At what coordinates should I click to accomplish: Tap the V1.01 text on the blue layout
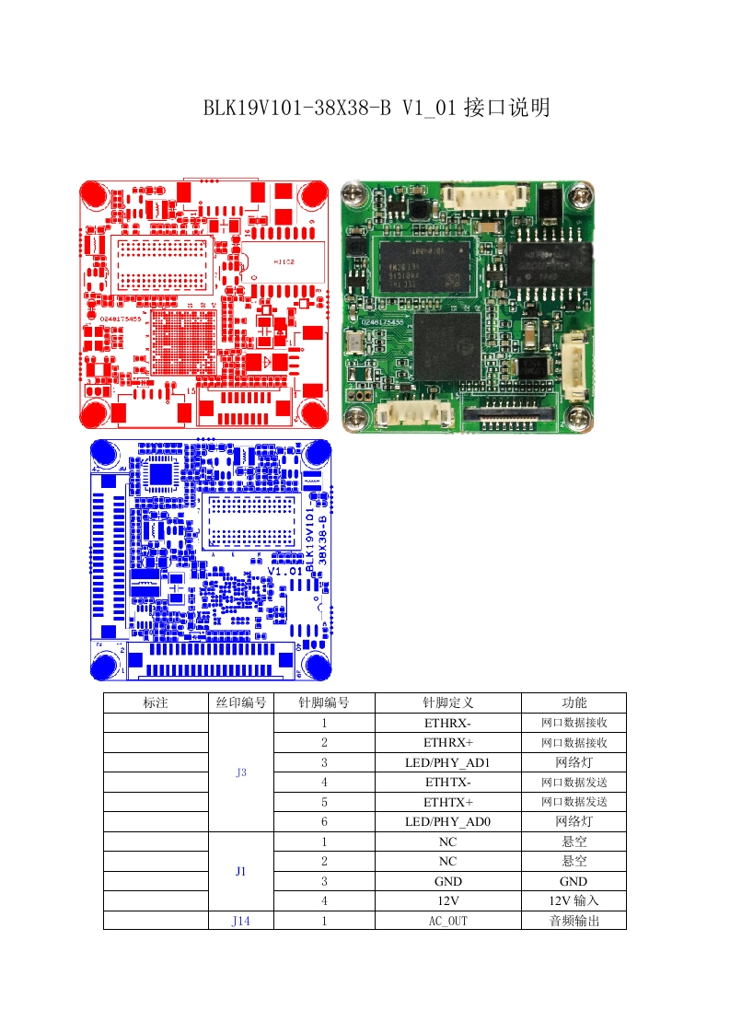tap(285, 571)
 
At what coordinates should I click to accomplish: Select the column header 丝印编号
tap(241, 702)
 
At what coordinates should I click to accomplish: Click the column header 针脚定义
tap(447, 702)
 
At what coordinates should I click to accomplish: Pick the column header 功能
tap(574, 702)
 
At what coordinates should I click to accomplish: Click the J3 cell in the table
tap(241, 772)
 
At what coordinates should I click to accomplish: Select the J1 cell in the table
tap(241, 871)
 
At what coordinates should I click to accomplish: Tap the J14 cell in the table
tap(241, 921)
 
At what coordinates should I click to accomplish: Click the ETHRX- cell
tap(447, 723)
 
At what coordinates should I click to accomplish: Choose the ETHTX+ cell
tap(447, 802)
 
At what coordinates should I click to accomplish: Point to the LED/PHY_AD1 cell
tap(447, 762)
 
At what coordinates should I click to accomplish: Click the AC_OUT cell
tap(447, 921)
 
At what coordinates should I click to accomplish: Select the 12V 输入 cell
tap(574, 901)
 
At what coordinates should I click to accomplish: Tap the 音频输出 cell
tap(574, 921)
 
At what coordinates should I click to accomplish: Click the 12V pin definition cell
tap(447, 901)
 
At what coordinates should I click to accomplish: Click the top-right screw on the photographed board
tap(580, 194)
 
